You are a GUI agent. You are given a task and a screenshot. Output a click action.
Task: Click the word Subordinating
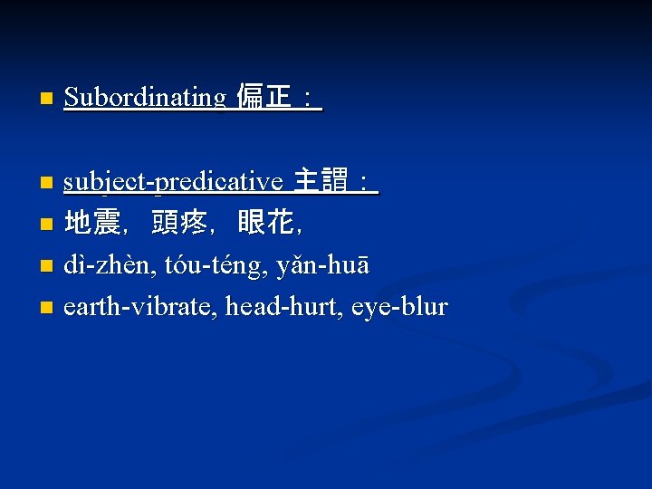coord(144,97)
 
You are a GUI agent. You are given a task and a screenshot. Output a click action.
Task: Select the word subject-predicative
coord(173,182)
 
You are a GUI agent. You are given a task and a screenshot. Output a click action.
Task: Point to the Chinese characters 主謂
coord(321,182)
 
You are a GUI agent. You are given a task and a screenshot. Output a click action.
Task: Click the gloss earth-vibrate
coord(139,307)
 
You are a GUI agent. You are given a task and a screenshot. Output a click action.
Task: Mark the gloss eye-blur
coord(399,307)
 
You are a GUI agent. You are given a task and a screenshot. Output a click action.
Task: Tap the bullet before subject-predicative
coord(47,183)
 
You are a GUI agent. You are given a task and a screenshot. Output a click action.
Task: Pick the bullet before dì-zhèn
coord(47,266)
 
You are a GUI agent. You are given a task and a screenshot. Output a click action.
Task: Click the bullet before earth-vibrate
coord(47,308)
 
